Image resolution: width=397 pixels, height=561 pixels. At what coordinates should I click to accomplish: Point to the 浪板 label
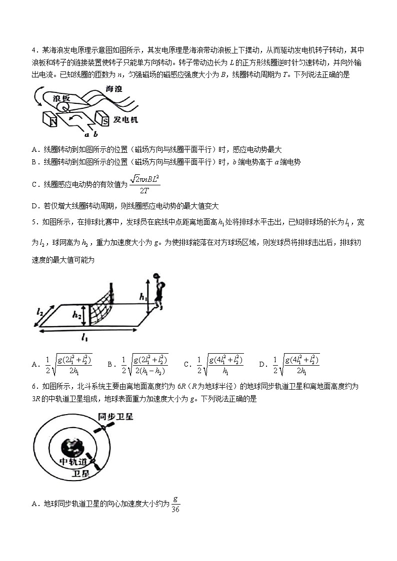[61, 98]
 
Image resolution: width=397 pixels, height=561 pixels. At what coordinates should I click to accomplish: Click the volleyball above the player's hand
[156, 275]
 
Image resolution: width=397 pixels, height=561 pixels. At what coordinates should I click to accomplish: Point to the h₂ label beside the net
[76, 314]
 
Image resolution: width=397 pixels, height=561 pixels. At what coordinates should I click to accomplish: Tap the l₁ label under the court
[84, 339]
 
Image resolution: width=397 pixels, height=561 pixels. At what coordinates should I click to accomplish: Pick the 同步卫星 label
[114, 417]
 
